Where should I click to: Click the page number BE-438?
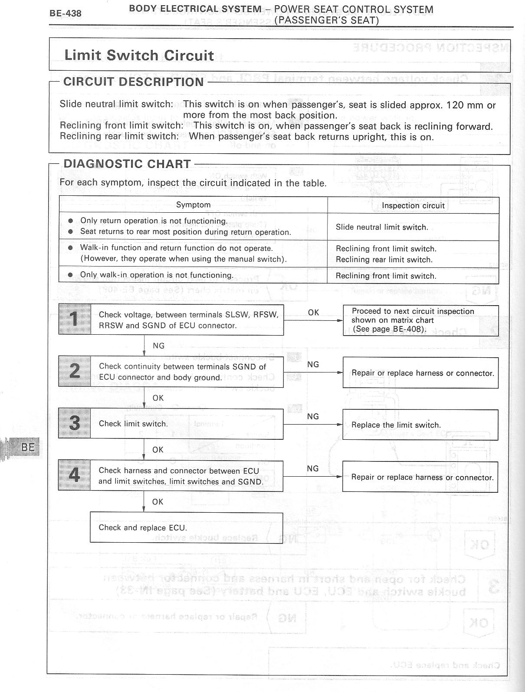[65, 13]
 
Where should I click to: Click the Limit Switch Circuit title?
[139, 56]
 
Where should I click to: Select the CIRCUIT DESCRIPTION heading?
[133, 82]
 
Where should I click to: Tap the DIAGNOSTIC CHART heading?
[127, 164]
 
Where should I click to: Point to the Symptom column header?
[193, 205]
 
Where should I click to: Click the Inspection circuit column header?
[413, 206]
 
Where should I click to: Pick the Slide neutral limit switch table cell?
[382, 227]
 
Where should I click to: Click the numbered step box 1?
[75, 320]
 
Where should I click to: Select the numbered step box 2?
[75, 371]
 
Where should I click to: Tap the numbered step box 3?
[75, 423]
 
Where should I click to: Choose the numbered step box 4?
[75, 476]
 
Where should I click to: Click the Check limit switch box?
[187, 424]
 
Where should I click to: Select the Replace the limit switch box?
[420, 425]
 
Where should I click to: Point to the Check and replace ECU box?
[187, 528]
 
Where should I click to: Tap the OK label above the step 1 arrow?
[313, 313]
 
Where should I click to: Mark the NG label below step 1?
[159, 346]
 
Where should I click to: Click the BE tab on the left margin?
[28, 447]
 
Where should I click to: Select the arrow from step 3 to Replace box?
[312, 425]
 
